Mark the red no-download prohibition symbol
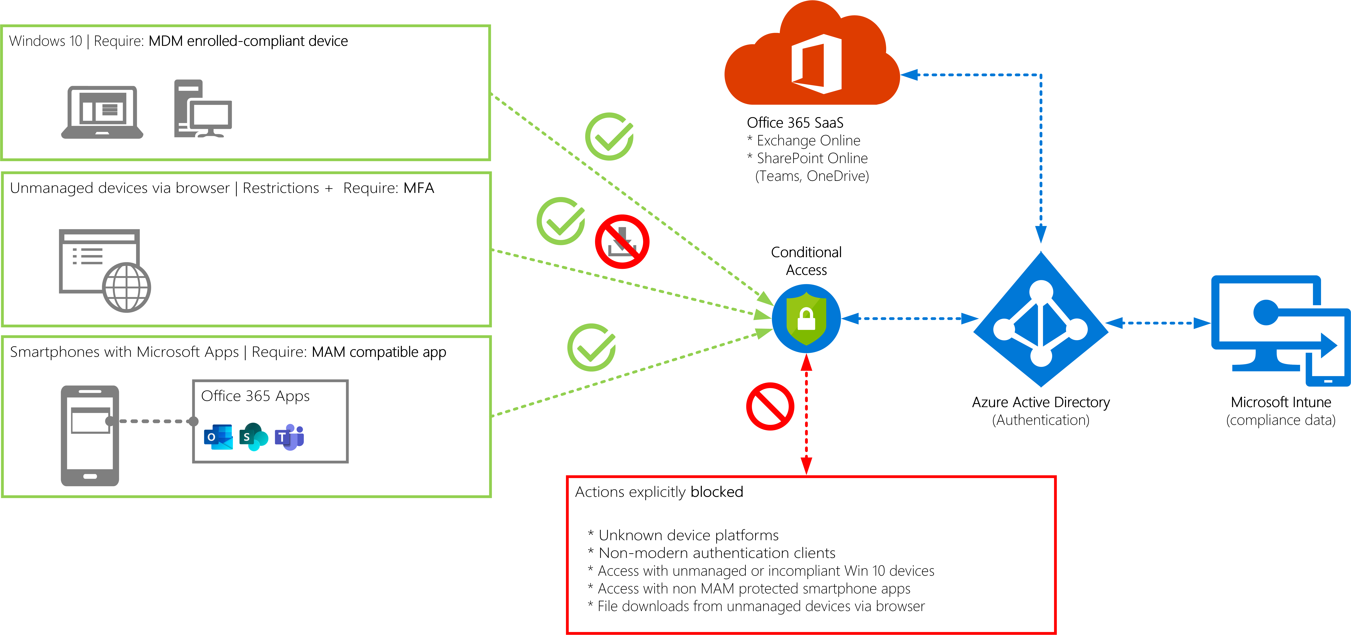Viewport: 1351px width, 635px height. click(x=622, y=241)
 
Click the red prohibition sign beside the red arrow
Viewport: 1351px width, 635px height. click(x=770, y=406)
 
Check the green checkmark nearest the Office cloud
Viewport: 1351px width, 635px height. click(x=609, y=136)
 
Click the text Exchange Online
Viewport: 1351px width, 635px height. click(x=808, y=140)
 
